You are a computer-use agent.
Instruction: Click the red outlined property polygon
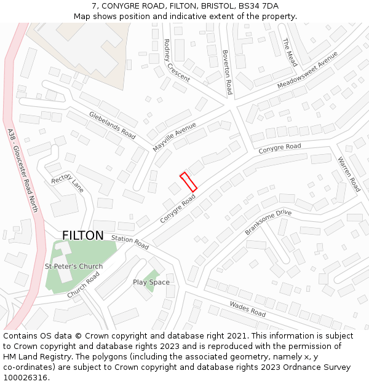(x=188, y=182)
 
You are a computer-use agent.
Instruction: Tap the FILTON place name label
(x=83, y=235)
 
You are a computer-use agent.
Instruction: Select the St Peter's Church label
(x=74, y=266)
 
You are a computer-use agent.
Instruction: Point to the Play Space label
(x=151, y=282)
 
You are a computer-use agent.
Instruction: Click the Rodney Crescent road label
(x=177, y=60)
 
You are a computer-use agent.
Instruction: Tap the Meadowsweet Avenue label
(x=307, y=69)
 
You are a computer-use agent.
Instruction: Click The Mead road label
(x=290, y=52)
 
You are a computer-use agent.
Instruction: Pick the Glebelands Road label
(x=112, y=124)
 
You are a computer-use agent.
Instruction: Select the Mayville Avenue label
(x=174, y=137)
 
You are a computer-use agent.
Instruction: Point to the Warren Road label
(x=349, y=174)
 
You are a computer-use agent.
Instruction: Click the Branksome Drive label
(x=268, y=222)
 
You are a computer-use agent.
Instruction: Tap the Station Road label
(x=130, y=241)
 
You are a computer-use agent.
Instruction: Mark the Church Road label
(x=84, y=286)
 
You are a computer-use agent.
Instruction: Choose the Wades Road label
(x=247, y=308)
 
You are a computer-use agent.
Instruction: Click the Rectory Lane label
(x=67, y=182)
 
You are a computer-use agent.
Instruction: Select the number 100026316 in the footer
(x=25, y=378)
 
